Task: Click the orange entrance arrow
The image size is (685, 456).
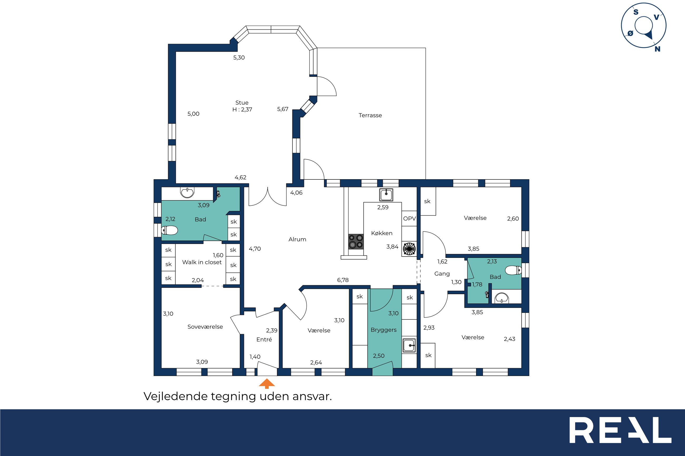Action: (267, 384)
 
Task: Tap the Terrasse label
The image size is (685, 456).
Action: (370, 116)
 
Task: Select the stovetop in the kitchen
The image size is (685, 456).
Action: (356, 242)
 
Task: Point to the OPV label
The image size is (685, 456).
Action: (409, 218)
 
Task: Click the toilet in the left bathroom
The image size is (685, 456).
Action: (169, 230)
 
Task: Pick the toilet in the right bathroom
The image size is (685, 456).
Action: (513, 270)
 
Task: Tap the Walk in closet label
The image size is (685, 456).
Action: (202, 262)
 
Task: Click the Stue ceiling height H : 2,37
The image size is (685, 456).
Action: (242, 110)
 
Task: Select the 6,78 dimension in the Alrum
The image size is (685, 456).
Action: (343, 280)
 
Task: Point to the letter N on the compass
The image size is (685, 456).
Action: (657, 49)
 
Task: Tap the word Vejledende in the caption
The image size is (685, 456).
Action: (175, 396)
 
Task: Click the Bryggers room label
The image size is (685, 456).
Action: (383, 330)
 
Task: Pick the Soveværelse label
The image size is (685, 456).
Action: (205, 327)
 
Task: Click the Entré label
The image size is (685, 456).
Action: (264, 339)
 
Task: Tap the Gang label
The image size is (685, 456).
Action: (442, 274)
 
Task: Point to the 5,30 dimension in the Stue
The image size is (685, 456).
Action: (239, 58)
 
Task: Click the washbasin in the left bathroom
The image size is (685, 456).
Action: (187, 193)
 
